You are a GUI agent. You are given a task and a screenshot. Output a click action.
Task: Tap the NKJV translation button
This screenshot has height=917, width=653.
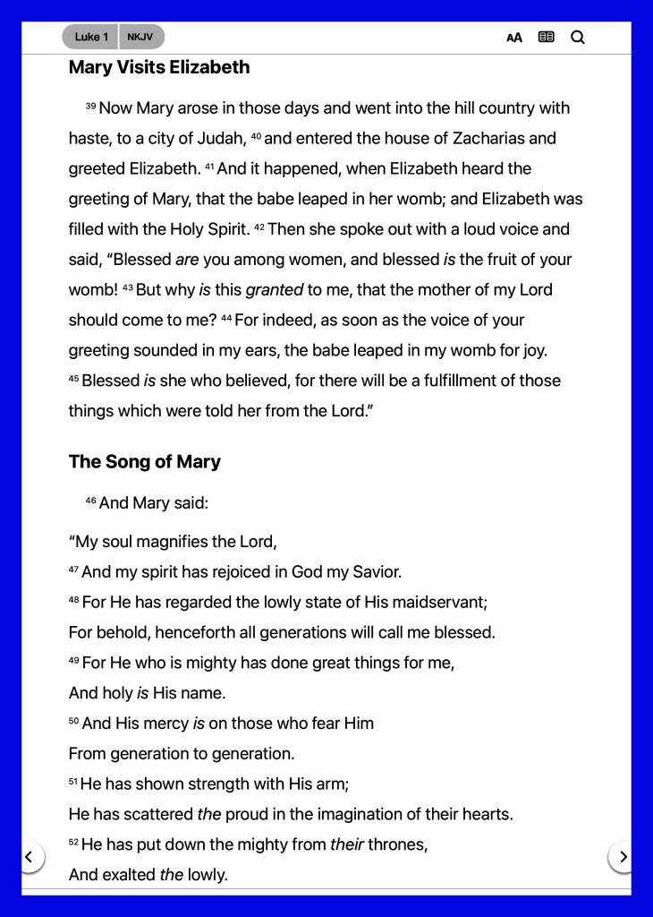tap(140, 37)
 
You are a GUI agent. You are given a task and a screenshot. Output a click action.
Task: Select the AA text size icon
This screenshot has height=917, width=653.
tap(514, 38)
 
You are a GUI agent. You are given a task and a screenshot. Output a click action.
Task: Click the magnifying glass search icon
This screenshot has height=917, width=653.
tap(578, 38)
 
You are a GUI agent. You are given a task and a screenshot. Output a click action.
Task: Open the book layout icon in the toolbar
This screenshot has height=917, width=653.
tap(546, 38)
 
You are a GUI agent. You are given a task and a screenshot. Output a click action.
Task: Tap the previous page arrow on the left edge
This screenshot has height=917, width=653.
tap(29, 857)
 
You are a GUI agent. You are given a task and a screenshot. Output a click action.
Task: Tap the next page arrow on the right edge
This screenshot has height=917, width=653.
tap(623, 857)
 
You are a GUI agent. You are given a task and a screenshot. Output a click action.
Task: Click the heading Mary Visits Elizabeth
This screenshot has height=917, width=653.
tap(159, 67)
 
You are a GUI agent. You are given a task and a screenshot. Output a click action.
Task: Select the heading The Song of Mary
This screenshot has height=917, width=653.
tap(145, 462)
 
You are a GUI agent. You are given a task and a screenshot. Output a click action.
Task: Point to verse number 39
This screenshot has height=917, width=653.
tap(90, 106)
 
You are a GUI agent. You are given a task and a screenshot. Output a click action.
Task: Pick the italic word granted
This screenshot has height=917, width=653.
tap(275, 290)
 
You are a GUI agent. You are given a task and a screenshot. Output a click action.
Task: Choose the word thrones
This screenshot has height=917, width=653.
tap(397, 844)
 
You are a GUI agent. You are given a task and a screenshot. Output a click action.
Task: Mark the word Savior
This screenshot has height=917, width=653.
tap(376, 572)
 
